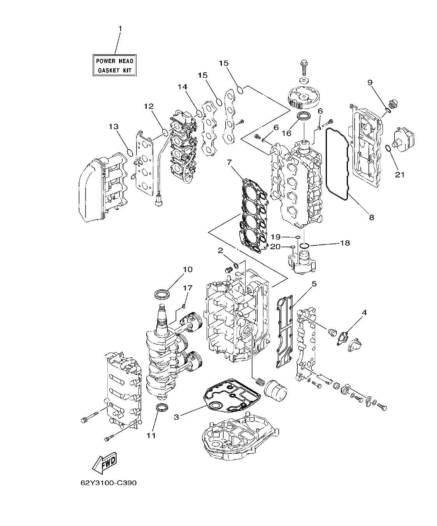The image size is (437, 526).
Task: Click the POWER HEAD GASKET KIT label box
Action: pyautogui.click(x=115, y=65)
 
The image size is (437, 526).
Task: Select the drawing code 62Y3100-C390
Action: pyautogui.click(x=109, y=483)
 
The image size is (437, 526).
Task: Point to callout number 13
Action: pyautogui.click(x=114, y=127)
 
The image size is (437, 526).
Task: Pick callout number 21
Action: pyautogui.click(x=399, y=175)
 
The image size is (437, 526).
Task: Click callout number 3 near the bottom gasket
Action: pyautogui.click(x=176, y=417)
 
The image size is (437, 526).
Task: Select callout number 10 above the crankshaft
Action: pyautogui.click(x=188, y=269)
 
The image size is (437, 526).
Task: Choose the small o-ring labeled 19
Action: pyautogui.click(x=298, y=237)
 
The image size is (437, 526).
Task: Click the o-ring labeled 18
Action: pyautogui.click(x=305, y=246)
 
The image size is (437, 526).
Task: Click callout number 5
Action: pyautogui.click(x=314, y=284)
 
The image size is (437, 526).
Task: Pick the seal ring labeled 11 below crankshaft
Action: pyautogui.click(x=162, y=408)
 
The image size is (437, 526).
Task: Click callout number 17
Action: pyautogui.click(x=188, y=288)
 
